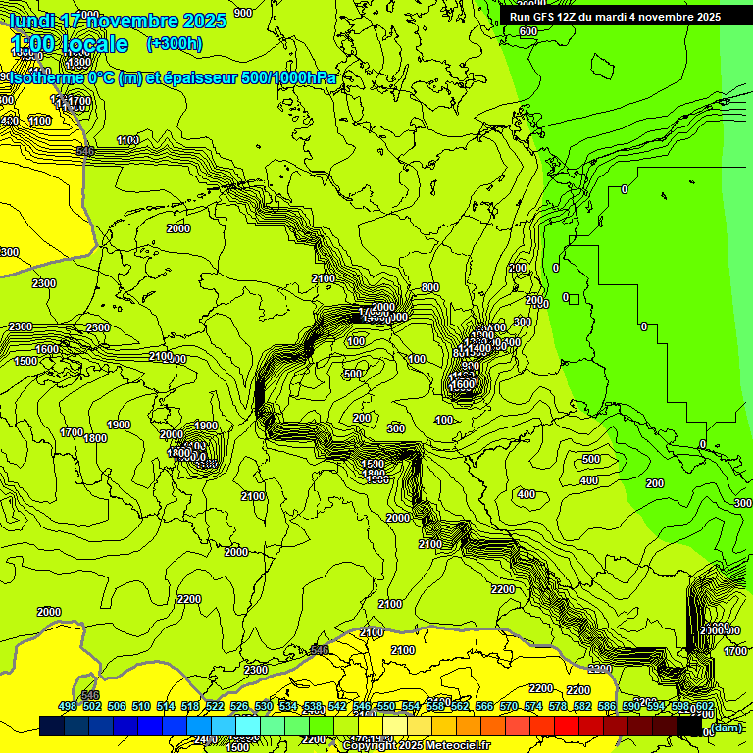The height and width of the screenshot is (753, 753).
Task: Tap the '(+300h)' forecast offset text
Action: [x=174, y=43]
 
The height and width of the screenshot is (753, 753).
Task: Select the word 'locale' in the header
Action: [x=94, y=44]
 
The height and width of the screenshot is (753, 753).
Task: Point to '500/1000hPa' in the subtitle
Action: [x=289, y=78]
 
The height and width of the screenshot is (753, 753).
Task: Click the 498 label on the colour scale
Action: [x=67, y=706]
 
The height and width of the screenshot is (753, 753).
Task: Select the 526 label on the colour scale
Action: [x=238, y=706]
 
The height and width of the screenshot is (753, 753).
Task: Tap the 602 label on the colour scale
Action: [x=703, y=706]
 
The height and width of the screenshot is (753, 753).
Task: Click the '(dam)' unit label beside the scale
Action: [x=727, y=727]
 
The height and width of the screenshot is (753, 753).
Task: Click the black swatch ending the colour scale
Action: [x=689, y=726]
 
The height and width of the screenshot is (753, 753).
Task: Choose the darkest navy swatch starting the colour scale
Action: [x=51, y=726]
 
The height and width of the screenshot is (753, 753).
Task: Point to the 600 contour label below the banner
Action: [x=527, y=31]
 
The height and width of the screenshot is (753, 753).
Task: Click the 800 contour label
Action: [x=429, y=287]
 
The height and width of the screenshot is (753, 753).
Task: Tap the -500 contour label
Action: [x=590, y=459]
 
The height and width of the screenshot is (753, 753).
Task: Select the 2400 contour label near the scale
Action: [x=204, y=738]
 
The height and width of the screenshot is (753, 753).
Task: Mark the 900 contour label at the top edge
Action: [x=243, y=13]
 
